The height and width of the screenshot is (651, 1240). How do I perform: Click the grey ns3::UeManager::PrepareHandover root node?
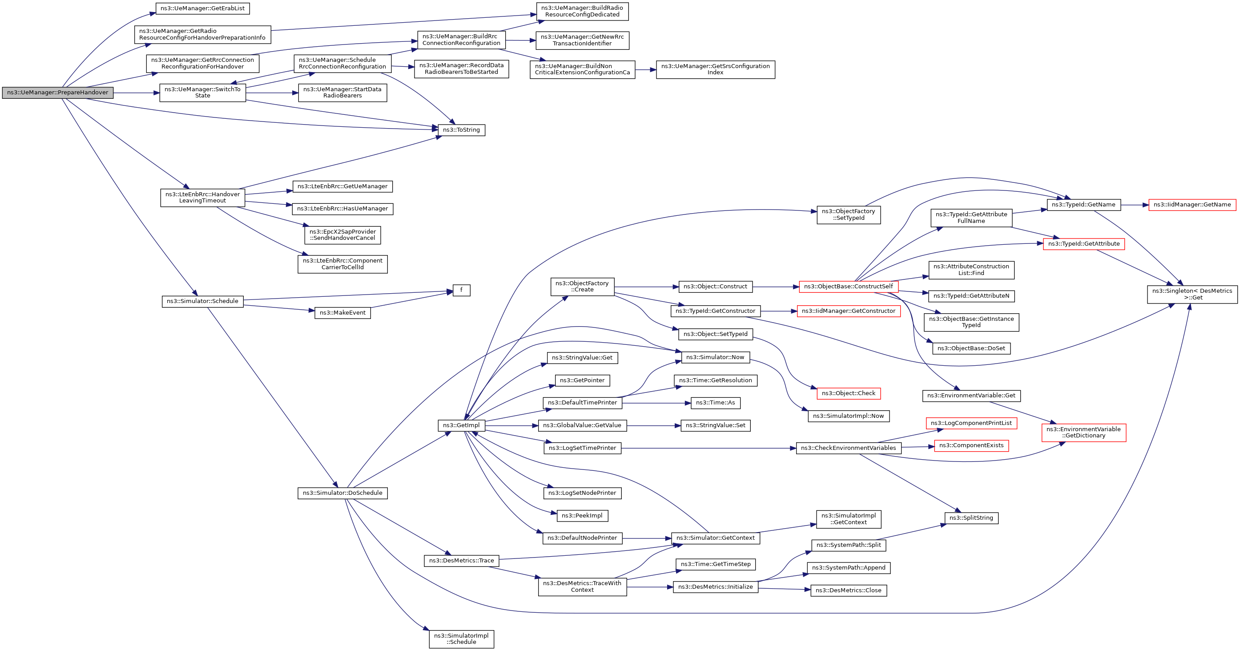(x=58, y=93)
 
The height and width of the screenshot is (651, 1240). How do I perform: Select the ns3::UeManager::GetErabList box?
(x=203, y=8)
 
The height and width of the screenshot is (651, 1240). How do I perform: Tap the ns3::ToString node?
(x=461, y=130)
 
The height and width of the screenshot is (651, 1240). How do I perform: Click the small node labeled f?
(x=461, y=291)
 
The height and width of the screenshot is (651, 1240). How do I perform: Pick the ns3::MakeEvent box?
(x=342, y=313)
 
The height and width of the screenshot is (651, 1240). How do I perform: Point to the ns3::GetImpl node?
(x=461, y=426)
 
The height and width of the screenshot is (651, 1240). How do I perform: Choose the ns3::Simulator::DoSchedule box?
(x=342, y=493)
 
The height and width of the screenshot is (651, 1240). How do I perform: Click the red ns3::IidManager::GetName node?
(x=1192, y=205)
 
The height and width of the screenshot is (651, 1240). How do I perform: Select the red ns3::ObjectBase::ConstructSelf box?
(x=848, y=287)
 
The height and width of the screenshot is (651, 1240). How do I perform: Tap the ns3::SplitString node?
(x=971, y=518)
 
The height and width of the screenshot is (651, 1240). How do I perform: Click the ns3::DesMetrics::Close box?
(x=848, y=590)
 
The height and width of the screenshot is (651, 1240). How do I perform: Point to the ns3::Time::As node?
(x=715, y=403)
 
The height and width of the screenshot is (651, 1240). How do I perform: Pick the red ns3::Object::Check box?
(x=848, y=393)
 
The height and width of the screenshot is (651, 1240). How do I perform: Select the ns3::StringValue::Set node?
(x=715, y=426)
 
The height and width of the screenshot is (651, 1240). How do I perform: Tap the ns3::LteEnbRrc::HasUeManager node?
(x=342, y=209)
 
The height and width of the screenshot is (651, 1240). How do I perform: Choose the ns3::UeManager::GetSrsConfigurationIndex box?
(x=715, y=69)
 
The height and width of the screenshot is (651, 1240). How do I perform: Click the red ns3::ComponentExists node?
(x=971, y=445)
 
